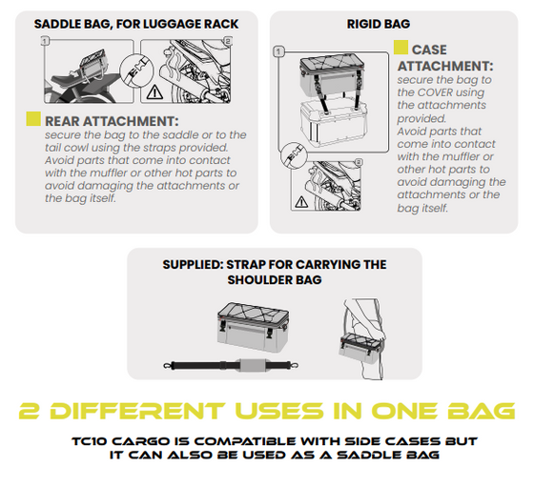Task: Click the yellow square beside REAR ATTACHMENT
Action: (33, 120)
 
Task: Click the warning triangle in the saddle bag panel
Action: (154, 92)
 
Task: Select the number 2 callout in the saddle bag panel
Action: (226, 41)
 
